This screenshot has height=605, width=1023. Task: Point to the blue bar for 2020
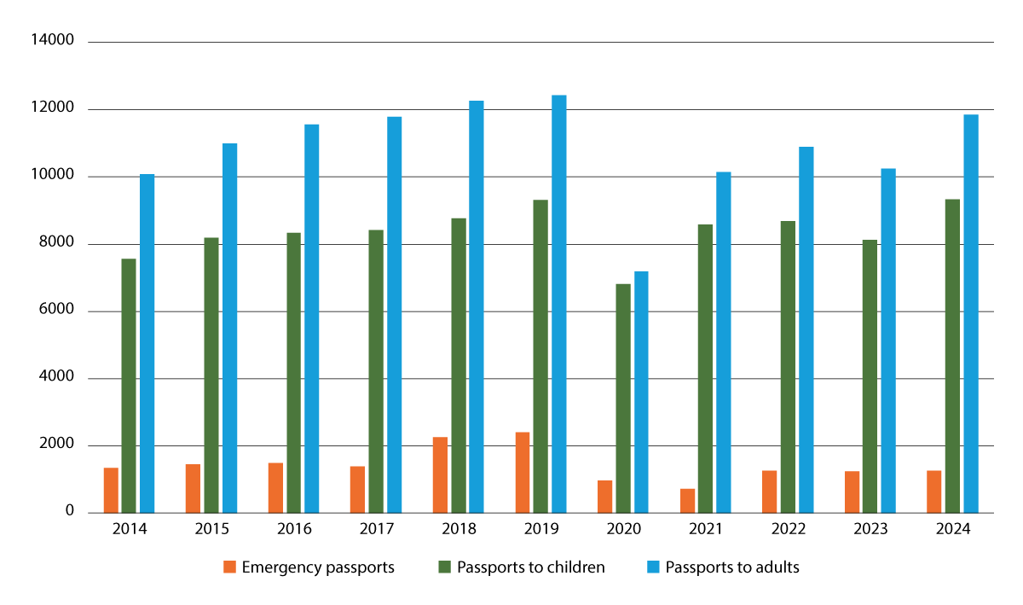(x=641, y=392)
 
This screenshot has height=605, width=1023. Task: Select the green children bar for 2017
(x=376, y=371)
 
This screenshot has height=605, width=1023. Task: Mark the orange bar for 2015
(x=194, y=488)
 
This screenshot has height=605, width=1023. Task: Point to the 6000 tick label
(x=60, y=311)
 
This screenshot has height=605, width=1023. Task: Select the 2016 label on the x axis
(x=293, y=530)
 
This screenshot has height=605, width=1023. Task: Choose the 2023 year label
(x=870, y=530)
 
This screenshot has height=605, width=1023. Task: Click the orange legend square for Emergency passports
(x=228, y=567)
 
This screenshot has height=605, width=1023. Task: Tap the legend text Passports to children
(x=530, y=567)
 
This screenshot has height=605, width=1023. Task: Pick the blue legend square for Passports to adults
(x=652, y=567)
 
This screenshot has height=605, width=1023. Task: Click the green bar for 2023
(x=870, y=376)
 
